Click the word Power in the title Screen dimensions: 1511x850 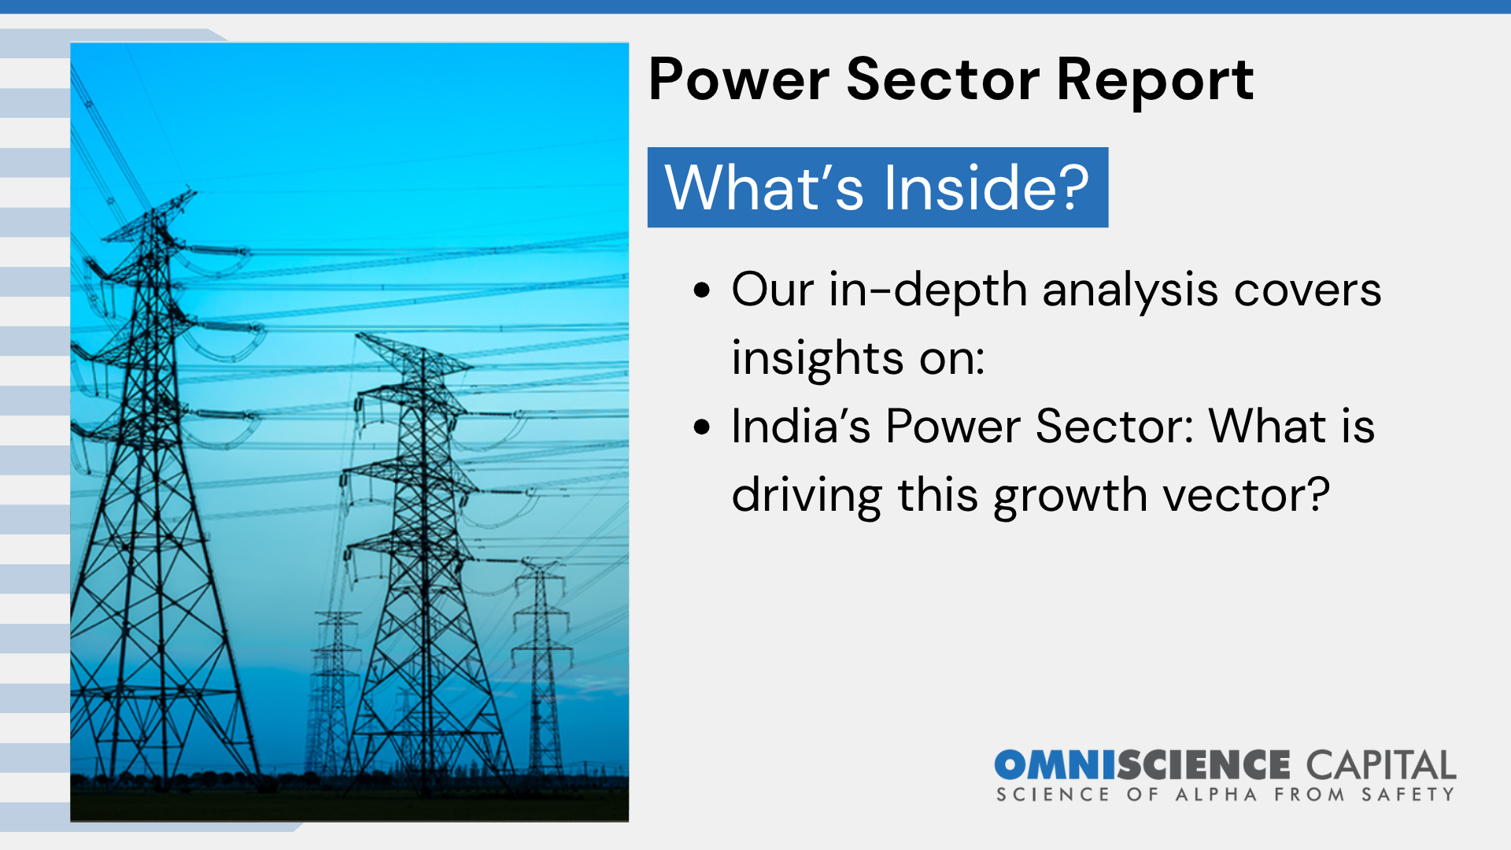739,79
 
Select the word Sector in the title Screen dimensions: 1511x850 943,79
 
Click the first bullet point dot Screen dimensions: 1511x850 702,290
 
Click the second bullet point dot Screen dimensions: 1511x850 702,427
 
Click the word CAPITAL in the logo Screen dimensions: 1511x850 1381,766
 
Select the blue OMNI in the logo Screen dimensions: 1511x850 1055,766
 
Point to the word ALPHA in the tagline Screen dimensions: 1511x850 1216,795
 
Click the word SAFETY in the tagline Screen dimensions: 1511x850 1409,795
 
